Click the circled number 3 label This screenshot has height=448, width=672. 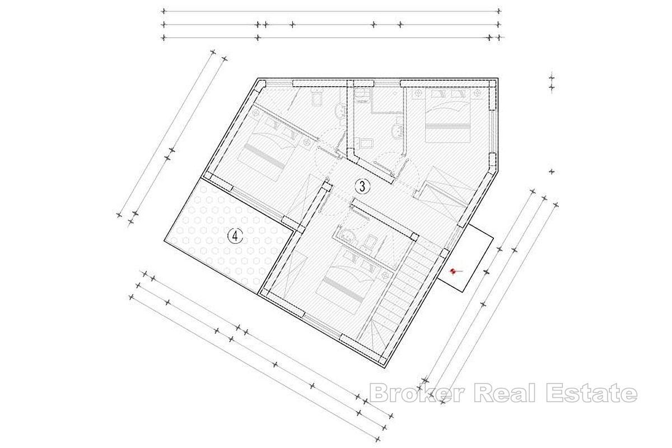pyautogui.click(x=362, y=186)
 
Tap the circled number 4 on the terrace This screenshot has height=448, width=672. pyautogui.click(x=235, y=236)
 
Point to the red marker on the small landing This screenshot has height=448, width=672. pyautogui.click(x=453, y=272)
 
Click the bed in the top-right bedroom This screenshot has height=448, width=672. pyautogui.click(x=447, y=115)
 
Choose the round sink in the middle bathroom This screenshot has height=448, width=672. pyautogui.click(x=397, y=132)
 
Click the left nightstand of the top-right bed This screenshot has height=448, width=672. pyautogui.click(x=417, y=93)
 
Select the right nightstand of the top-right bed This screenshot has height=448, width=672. pyautogui.click(x=477, y=93)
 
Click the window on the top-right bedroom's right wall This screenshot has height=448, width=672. pyautogui.click(x=492, y=132)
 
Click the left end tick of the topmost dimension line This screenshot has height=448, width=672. pyautogui.click(x=164, y=11)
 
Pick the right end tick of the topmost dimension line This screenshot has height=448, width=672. pyautogui.click(x=498, y=11)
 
